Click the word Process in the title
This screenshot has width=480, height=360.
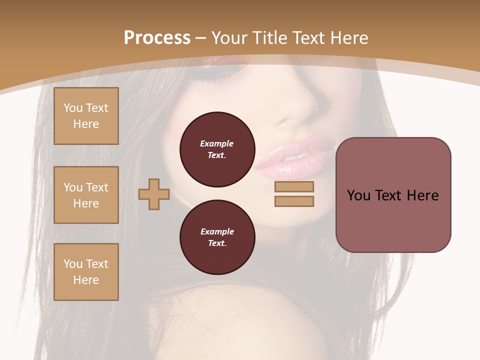(x=157, y=38)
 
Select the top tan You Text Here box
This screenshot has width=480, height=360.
(x=86, y=116)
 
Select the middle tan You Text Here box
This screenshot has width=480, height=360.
(x=86, y=195)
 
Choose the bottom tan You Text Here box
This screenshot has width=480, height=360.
(x=86, y=272)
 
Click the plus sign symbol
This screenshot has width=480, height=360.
(x=154, y=194)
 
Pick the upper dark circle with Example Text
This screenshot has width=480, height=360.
(x=217, y=149)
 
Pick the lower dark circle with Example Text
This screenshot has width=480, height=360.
(x=217, y=237)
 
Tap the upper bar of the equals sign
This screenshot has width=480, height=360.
(x=294, y=186)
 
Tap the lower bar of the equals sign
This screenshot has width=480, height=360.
(x=294, y=201)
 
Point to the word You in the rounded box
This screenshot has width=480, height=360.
(x=358, y=195)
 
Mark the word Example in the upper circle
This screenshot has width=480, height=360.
(x=216, y=143)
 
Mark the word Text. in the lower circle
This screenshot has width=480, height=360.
(x=217, y=243)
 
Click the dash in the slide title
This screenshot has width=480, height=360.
(x=201, y=38)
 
